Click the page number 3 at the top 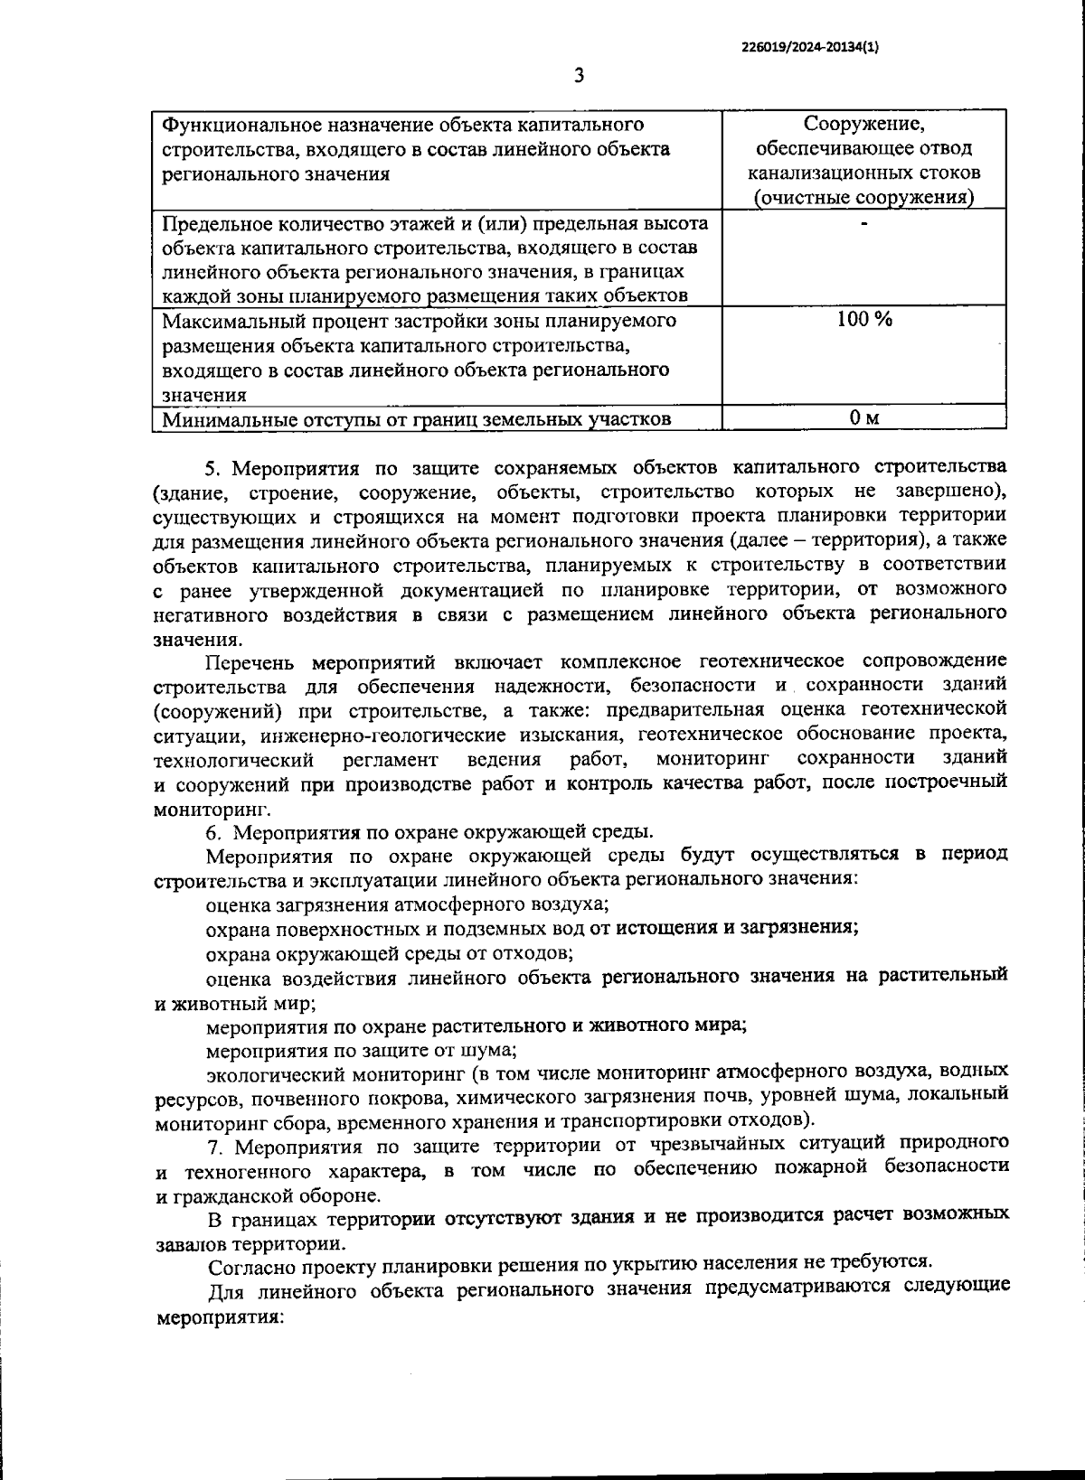579,76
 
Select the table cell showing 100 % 863,319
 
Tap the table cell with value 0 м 863,417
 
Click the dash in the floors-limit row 863,221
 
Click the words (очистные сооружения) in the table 863,197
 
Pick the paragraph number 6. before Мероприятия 213,831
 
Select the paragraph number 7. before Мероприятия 215,1147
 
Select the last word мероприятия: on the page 221,1316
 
